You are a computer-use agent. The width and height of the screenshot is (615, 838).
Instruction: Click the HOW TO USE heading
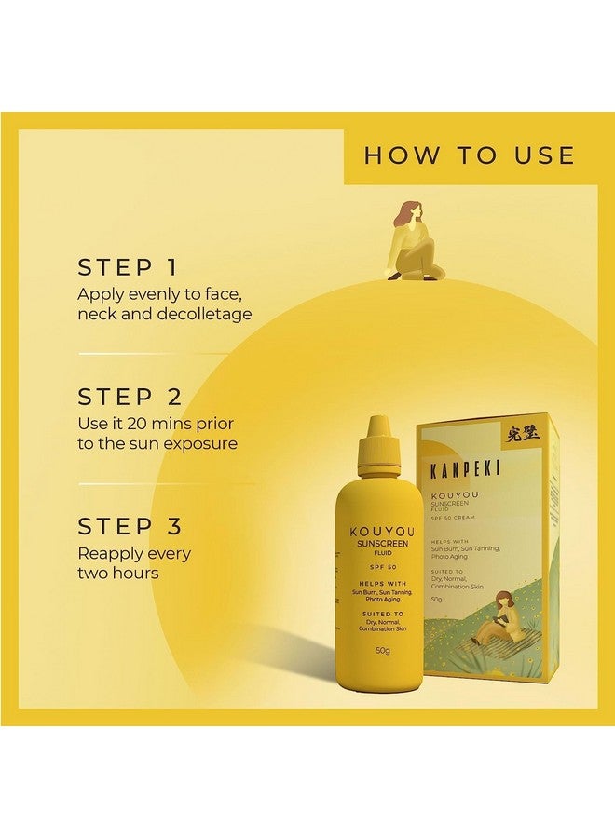click(x=469, y=155)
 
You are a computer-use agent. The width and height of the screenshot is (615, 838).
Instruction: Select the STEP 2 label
click(x=130, y=398)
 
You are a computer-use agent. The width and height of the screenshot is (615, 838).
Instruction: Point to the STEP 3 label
click(x=130, y=527)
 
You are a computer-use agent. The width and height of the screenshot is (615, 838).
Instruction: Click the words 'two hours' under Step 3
click(x=118, y=573)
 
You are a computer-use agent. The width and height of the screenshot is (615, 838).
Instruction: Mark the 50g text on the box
click(x=437, y=599)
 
